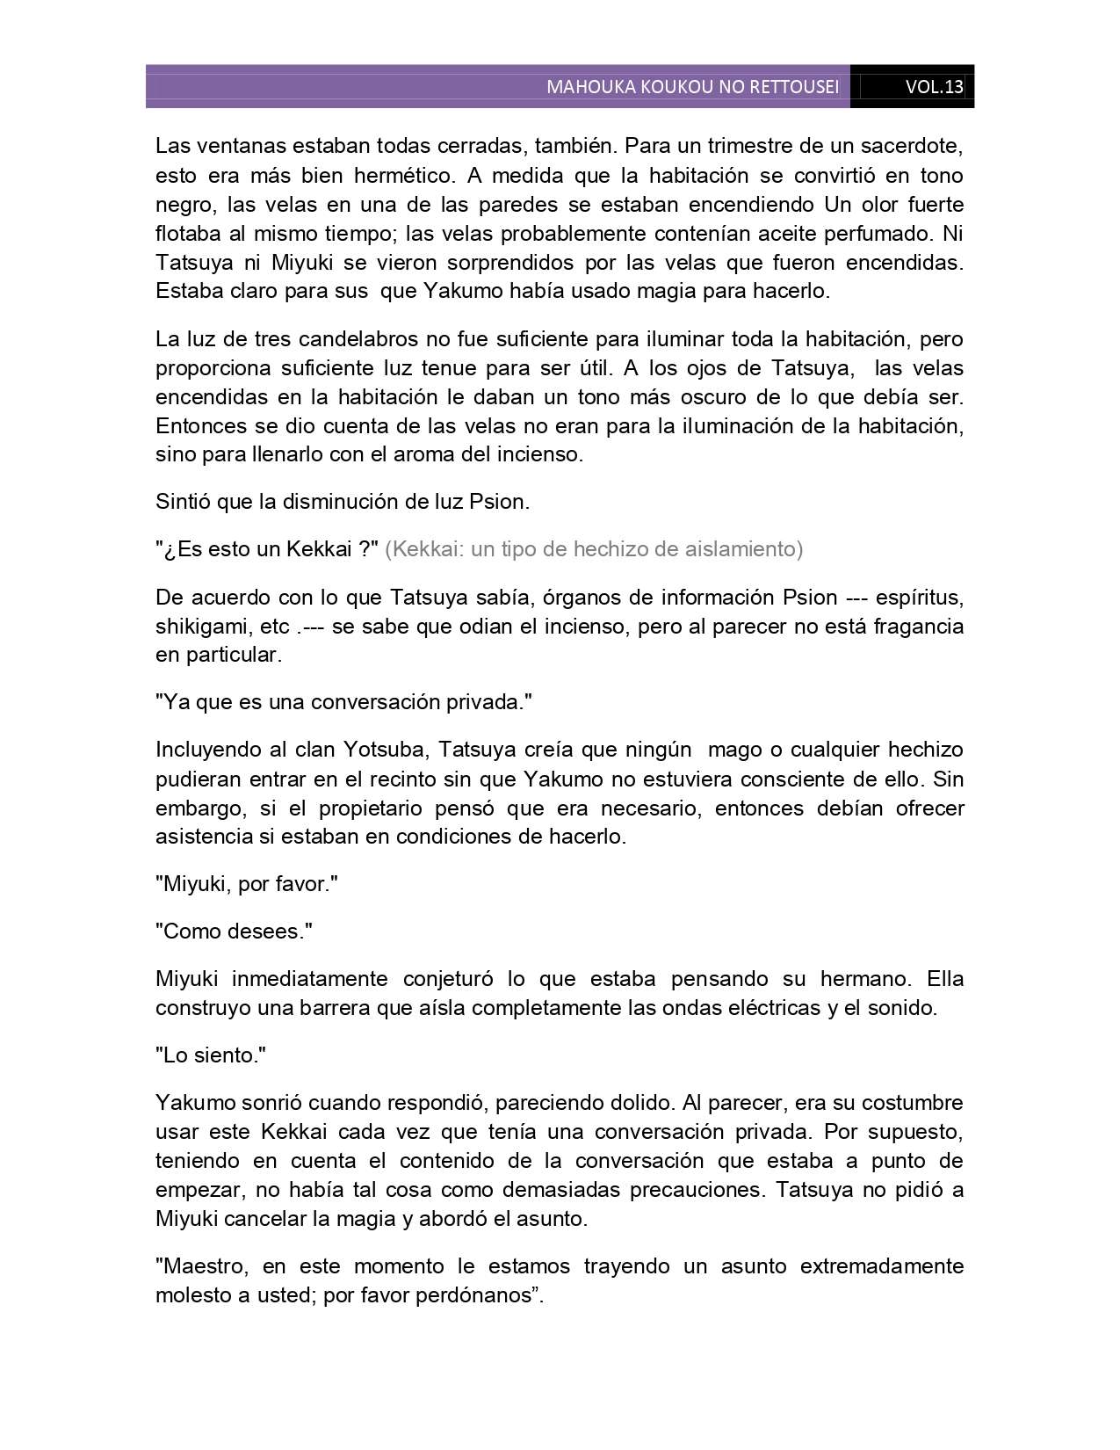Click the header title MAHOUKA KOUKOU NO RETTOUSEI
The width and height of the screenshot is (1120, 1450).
(x=692, y=87)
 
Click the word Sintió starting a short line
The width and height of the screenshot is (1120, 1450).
(x=183, y=502)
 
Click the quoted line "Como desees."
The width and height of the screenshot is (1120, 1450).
(x=234, y=932)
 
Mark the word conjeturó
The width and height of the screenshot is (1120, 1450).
(x=454, y=979)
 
